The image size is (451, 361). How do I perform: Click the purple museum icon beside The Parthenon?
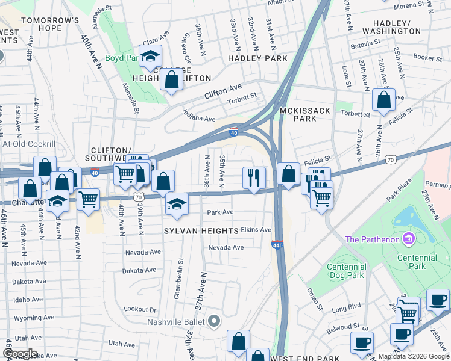[x=409, y=239]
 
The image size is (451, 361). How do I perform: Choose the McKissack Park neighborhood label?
[x=298, y=114]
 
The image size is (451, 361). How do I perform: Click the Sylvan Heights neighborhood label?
[x=199, y=231]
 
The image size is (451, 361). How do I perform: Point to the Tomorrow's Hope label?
[x=50, y=24]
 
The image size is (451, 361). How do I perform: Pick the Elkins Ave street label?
[x=256, y=230]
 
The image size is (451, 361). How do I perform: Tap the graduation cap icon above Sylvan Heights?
[x=177, y=203]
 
